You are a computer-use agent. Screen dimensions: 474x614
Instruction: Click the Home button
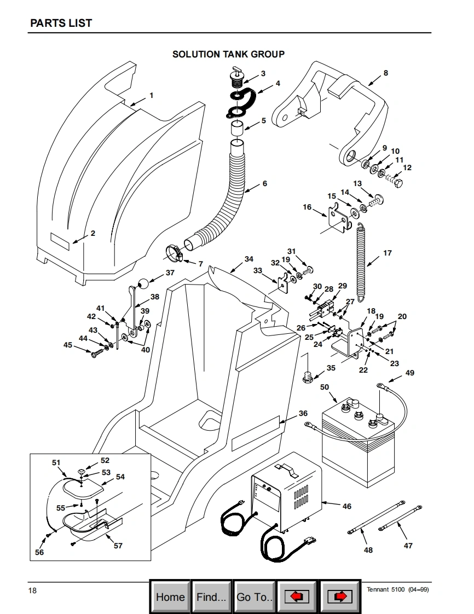click(170, 597)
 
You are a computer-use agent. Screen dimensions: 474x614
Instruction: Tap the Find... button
click(211, 597)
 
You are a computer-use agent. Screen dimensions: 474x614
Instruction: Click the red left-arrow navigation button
click(297, 597)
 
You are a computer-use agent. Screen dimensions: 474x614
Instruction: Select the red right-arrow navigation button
click(340, 597)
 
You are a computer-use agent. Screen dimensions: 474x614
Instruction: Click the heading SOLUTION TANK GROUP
click(228, 54)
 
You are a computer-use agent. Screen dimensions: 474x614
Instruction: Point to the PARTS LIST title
click(61, 23)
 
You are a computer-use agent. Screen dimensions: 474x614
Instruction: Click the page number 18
click(32, 590)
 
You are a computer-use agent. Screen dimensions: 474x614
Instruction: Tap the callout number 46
click(346, 506)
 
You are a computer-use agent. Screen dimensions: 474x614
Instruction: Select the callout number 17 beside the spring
click(388, 253)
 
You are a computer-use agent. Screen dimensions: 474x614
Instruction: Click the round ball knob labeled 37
click(143, 283)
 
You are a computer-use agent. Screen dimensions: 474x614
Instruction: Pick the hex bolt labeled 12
click(395, 181)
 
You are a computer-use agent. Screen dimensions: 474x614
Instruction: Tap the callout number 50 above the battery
click(325, 387)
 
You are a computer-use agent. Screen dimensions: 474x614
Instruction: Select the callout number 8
click(386, 73)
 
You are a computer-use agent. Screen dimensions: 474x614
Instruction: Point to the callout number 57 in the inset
click(118, 546)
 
